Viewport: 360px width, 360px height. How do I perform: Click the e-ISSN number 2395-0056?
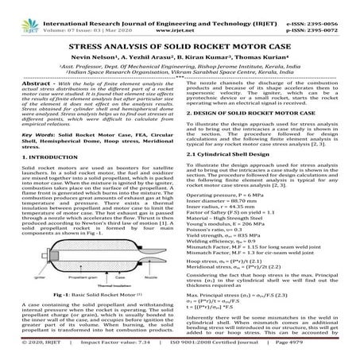coord(333,6)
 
